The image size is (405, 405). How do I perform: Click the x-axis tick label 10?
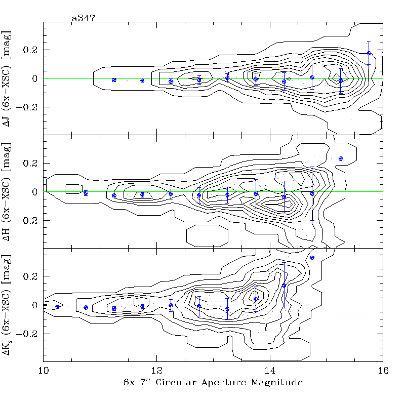coord(43,371)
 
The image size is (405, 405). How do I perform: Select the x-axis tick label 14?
coord(270,371)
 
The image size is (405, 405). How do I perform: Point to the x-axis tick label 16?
coord(383,371)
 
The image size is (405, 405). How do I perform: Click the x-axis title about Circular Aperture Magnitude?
coord(213,383)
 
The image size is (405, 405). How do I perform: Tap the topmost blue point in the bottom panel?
coord(312,257)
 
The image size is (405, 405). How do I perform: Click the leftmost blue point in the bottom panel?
coord(57,307)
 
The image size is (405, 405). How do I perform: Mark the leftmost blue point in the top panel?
coord(114,80)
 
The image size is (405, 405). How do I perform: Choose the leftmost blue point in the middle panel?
coord(86,193)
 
